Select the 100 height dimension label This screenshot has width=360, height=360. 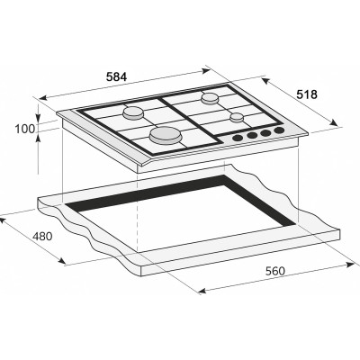point(25,130)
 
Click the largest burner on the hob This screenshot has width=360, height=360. point(166,136)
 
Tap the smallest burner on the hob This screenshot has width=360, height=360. point(237,117)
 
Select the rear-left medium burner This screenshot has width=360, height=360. point(134,112)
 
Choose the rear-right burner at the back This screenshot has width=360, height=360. point(211,97)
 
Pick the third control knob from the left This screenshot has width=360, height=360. point(265,134)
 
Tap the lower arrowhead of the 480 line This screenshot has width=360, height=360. point(64,263)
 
